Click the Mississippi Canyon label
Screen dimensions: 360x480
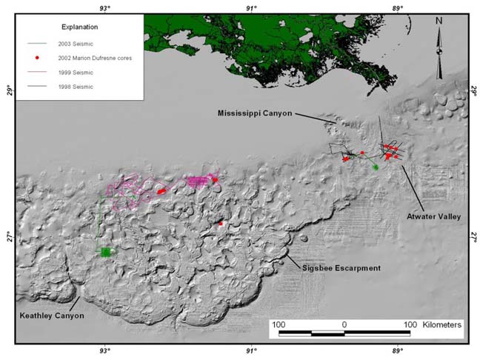(x=254, y=113)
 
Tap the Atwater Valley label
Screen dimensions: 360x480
(x=433, y=217)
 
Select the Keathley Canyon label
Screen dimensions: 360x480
(x=51, y=316)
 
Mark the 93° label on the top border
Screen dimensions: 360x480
(x=104, y=7)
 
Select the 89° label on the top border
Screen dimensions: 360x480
(x=397, y=7)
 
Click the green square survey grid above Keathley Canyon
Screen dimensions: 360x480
(x=105, y=252)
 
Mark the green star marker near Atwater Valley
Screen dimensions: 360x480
(x=376, y=167)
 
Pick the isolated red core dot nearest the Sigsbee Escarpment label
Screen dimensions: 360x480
(x=221, y=224)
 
